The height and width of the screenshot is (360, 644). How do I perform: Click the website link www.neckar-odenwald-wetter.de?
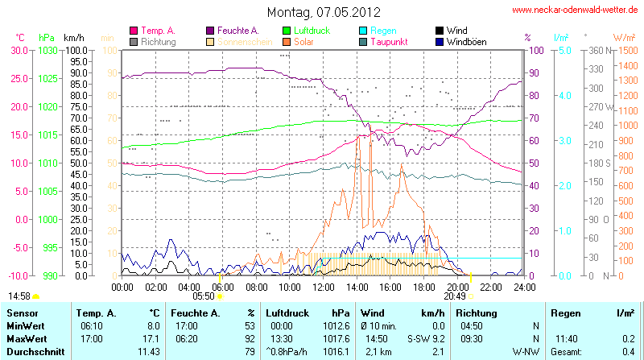[x=576, y=10]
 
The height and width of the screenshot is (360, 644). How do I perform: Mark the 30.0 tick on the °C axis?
[x=19, y=50]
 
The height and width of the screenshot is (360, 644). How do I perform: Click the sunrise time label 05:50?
[x=203, y=296]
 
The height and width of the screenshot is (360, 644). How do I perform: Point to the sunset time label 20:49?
[x=455, y=296]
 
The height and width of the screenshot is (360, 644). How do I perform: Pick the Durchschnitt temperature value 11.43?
[x=150, y=352]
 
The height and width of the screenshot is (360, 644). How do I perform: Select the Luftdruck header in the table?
[x=288, y=312]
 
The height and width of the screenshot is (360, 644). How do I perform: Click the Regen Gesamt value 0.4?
[x=628, y=352]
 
